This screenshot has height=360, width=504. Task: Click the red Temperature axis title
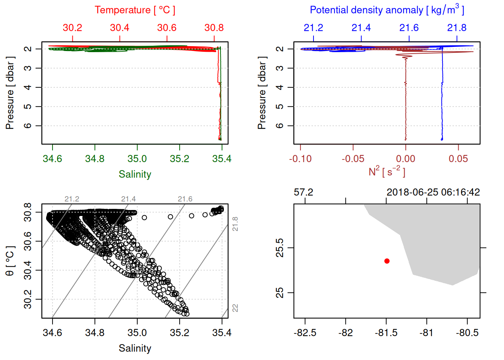point(135,10)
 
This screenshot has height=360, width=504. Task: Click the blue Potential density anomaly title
point(387,10)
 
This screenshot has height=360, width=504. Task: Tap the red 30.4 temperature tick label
point(120,28)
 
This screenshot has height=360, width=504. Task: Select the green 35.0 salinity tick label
point(137,159)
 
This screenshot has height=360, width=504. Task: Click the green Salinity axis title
point(135,174)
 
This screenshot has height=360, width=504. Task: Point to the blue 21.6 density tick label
point(409,28)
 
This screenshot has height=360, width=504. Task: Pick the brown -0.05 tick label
point(353,159)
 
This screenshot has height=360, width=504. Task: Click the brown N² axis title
point(387,172)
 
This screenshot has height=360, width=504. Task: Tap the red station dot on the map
point(387,261)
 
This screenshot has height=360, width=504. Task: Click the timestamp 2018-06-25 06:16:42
point(433,192)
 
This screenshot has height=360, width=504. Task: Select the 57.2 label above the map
point(303,192)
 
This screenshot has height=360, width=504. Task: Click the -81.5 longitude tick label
point(386,333)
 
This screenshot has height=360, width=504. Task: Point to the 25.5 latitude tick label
point(280,248)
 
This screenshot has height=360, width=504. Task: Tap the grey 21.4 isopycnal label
point(128,199)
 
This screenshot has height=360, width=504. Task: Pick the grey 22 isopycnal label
point(235,308)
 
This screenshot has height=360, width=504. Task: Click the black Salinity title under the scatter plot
point(135,348)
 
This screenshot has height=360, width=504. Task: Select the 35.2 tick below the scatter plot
point(179,333)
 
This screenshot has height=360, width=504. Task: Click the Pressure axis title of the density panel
point(262,93)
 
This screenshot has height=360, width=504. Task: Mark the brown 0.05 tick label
point(458,159)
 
